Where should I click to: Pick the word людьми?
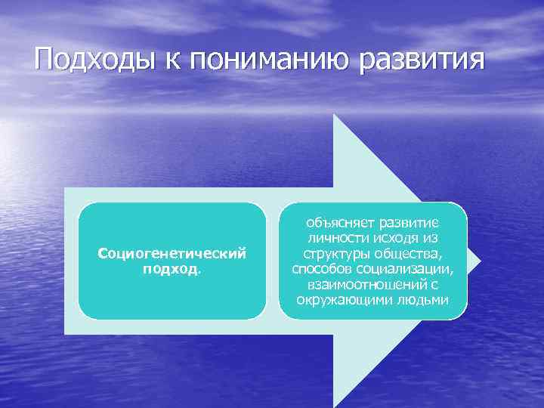428,300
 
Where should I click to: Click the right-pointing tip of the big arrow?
479,261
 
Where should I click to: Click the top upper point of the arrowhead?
335,116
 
